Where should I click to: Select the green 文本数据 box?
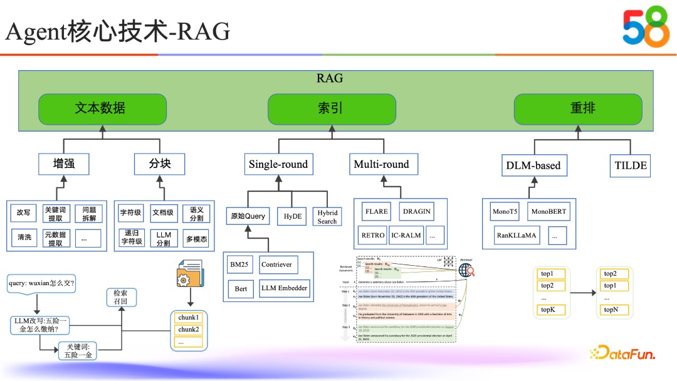102,108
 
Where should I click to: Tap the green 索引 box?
330,108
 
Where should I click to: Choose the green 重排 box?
578,108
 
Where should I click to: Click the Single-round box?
278,165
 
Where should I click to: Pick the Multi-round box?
381,165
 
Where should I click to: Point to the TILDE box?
630,166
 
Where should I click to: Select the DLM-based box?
533,166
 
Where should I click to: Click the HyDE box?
293,216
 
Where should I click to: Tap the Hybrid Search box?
327,217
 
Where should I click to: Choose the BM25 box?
239,264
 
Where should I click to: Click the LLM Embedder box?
285,288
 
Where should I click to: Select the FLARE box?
375,211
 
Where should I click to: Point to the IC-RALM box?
406,236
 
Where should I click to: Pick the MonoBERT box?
548,212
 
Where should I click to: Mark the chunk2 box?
188,330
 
